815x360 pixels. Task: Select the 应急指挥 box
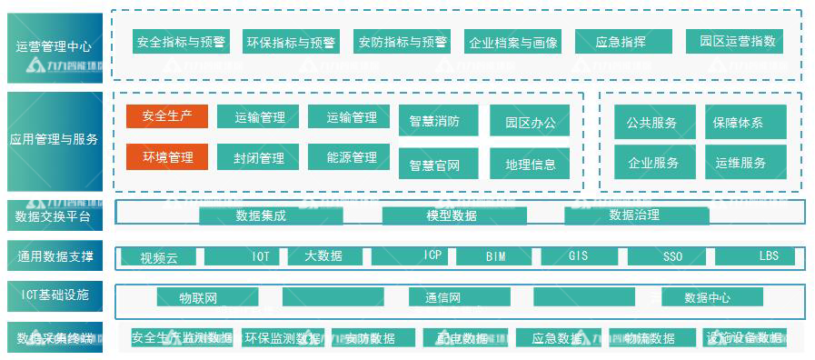[x=622, y=42]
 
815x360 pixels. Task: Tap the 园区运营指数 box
[x=737, y=42]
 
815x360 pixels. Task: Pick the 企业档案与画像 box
[x=512, y=42]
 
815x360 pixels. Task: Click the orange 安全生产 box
[x=167, y=116]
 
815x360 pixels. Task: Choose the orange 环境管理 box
[x=167, y=157]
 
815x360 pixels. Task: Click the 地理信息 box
[x=530, y=164]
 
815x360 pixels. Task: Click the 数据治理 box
[x=634, y=215]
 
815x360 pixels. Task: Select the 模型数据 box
[x=452, y=215]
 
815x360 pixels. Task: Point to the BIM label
[x=495, y=256]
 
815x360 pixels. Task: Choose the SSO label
[x=672, y=256]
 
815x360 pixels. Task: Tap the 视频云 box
[x=158, y=257]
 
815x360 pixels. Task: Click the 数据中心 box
[x=707, y=297]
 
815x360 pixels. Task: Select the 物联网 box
[x=198, y=297]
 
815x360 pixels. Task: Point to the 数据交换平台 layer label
[x=55, y=216]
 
